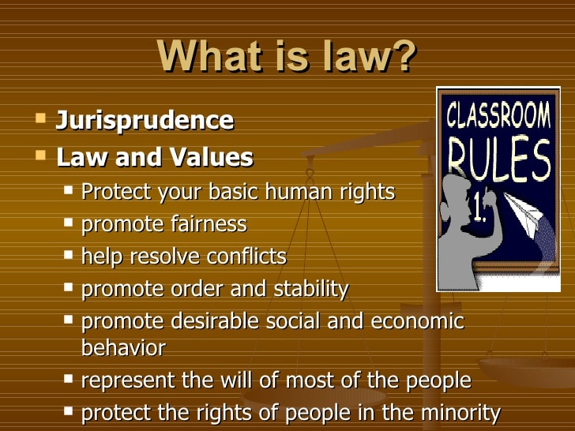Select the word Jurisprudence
(x=145, y=120)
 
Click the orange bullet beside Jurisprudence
(x=41, y=118)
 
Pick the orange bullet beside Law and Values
(x=41, y=155)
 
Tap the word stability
(x=311, y=289)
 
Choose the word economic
(x=417, y=321)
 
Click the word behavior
(x=123, y=347)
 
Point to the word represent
(x=128, y=380)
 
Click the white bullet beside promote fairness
(x=68, y=222)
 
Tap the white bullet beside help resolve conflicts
(x=68, y=254)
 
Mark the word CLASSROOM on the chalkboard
(x=498, y=115)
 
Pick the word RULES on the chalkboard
(x=499, y=159)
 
